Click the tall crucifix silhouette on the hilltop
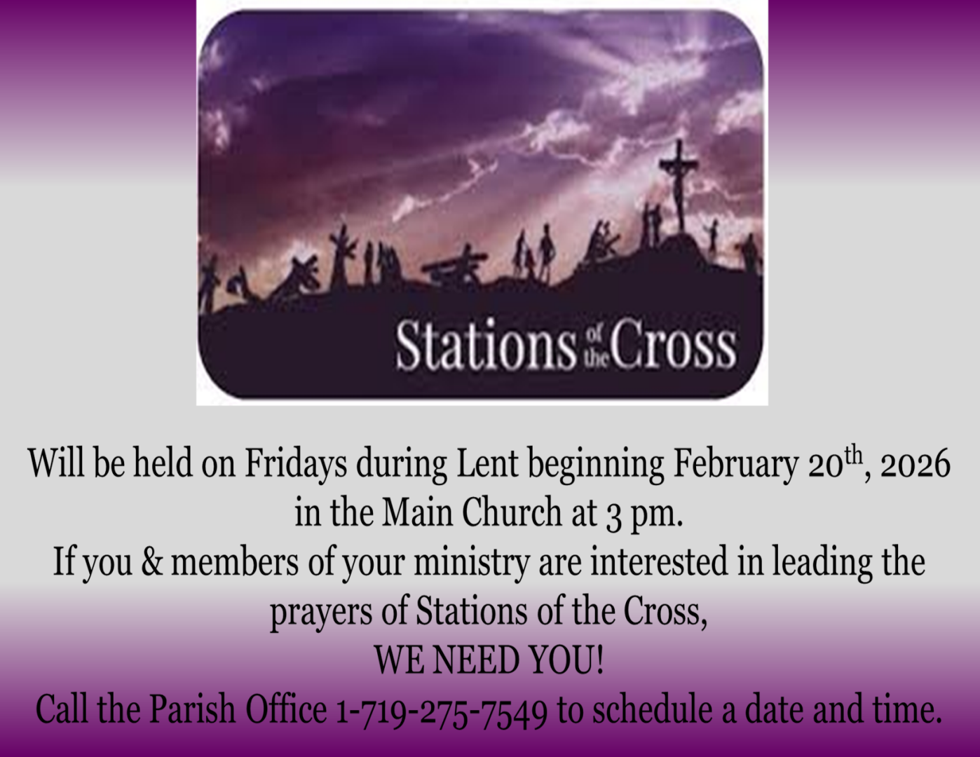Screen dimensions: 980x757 click(x=679, y=187)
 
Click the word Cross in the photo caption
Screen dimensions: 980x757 click(x=674, y=346)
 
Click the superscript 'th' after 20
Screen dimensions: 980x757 click(x=853, y=456)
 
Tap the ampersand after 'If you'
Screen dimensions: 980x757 click(x=152, y=562)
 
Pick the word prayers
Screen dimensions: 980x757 click(x=321, y=613)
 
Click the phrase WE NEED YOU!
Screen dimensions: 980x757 click(x=489, y=660)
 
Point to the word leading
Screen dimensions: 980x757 click(x=822, y=564)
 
